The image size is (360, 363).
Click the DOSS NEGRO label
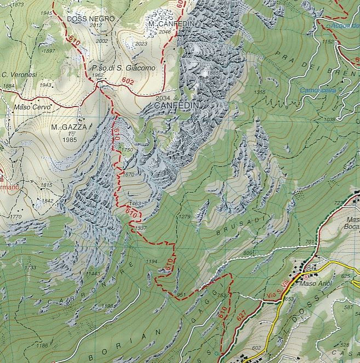coord(90,19)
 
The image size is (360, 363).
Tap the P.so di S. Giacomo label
coord(124,68)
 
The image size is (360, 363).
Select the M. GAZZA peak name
coord(70,127)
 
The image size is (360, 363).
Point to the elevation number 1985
coord(70,139)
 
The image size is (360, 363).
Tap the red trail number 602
coord(128,81)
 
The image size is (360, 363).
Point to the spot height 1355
coord(260,92)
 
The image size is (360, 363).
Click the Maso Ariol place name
coord(312,284)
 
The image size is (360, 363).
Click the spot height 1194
coord(152,262)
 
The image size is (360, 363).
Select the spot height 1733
coord(30,267)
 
